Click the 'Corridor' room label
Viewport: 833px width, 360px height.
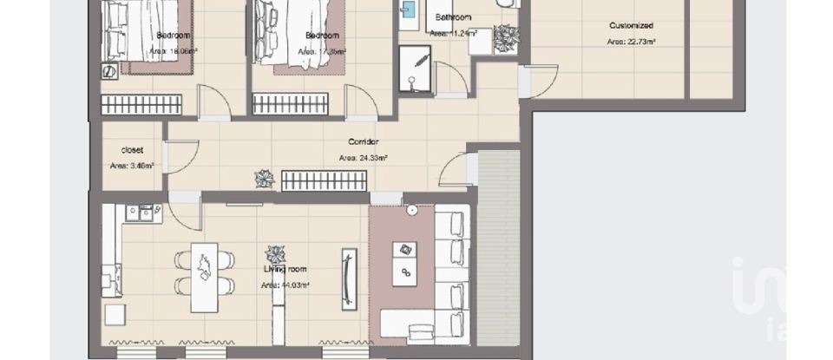click(x=363, y=141)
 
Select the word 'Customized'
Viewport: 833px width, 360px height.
click(x=631, y=26)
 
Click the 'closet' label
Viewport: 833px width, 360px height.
click(x=132, y=149)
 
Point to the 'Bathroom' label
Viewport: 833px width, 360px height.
click(x=453, y=17)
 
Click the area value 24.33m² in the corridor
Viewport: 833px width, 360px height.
click(x=363, y=158)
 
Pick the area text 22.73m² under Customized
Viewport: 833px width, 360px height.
click(x=631, y=42)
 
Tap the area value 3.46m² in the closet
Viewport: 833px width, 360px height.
click(x=132, y=166)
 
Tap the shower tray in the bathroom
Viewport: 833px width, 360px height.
click(x=414, y=68)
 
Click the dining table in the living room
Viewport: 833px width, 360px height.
click(x=204, y=270)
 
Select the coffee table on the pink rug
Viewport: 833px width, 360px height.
click(x=403, y=263)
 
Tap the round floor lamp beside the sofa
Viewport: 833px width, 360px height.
click(x=410, y=210)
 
